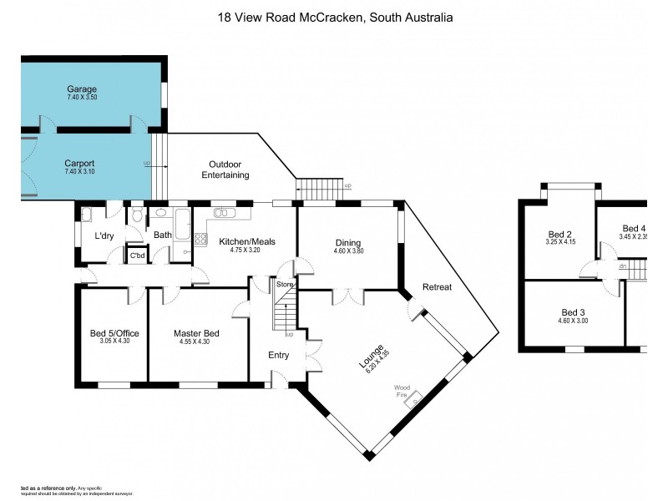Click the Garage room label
coord(82,89)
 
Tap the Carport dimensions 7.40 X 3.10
coord(80,172)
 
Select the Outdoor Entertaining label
coord(225,170)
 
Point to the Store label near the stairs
coord(286,286)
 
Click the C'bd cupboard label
coord(136,256)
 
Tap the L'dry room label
coord(104,235)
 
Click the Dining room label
coord(348,242)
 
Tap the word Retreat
coord(437,286)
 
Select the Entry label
coord(279,356)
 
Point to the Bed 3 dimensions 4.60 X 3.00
coord(574,320)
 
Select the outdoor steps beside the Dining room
coord(316,190)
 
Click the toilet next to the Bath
coord(136,215)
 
